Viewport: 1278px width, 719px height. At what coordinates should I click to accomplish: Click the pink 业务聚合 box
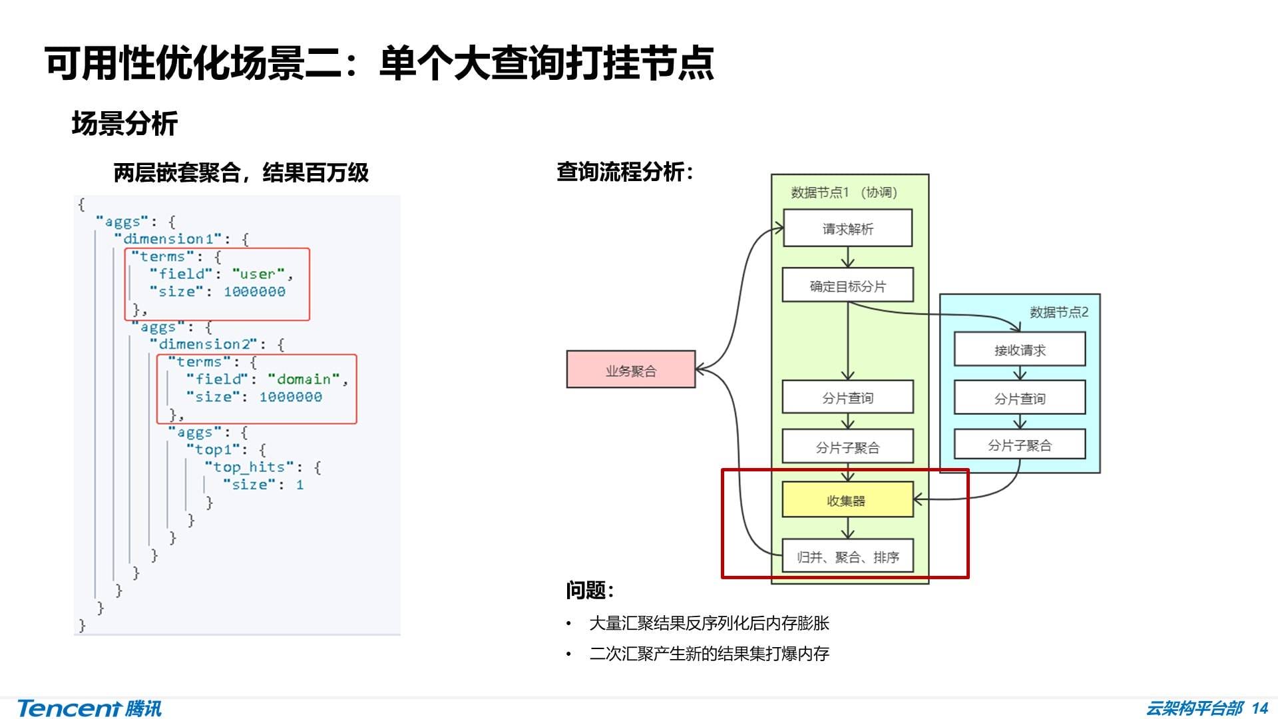tap(630, 369)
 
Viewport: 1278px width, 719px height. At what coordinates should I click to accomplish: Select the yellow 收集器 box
tap(847, 500)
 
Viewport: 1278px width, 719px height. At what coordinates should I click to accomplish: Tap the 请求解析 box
tap(847, 228)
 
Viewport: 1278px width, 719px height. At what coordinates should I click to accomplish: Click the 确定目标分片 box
tap(847, 286)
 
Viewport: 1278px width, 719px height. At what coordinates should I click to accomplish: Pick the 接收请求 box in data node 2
tap(1019, 350)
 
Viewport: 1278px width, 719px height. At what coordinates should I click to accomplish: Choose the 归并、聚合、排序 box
tap(847, 557)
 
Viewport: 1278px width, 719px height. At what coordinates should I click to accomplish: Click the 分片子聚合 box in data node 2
tap(1019, 445)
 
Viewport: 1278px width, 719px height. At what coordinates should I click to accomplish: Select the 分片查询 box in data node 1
tap(847, 397)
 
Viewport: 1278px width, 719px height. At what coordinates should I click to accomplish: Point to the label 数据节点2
tap(1058, 312)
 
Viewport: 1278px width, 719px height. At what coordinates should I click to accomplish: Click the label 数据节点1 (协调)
tap(844, 192)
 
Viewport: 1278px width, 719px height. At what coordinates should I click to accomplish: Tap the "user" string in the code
tap(258, 274)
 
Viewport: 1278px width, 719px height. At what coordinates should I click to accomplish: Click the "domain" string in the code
tap(304, 379)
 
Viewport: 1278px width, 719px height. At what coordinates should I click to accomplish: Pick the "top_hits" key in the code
tap(249, 467)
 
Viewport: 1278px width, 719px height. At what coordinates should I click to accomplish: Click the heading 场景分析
tap(124, 124)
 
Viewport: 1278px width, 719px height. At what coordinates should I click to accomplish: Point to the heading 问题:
tap(589, 589)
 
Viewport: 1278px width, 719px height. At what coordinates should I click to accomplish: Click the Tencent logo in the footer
tap(89, 708)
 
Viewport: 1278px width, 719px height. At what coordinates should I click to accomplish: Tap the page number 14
tap(1259, 708)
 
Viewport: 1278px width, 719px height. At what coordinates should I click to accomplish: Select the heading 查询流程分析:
tap(624, 172)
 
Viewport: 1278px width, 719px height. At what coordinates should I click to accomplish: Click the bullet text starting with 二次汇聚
tap(709, 653)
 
